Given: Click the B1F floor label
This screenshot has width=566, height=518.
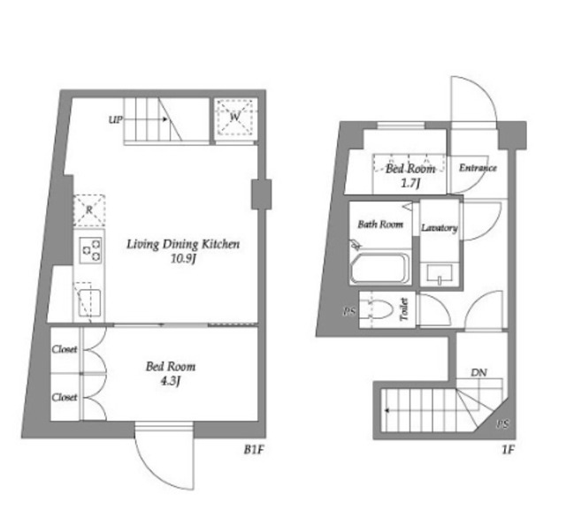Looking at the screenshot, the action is [255, 450].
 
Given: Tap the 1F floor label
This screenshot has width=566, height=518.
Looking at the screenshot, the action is [508, 450].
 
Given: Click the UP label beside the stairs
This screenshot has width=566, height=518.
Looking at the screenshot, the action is [116, 119].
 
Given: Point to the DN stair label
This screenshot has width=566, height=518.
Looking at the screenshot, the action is [479, 373].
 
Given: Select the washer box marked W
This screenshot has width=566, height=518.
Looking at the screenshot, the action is [235, 118].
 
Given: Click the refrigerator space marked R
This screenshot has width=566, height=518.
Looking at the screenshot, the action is [89, 210].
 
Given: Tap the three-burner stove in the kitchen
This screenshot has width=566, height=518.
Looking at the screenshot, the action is [90, 250].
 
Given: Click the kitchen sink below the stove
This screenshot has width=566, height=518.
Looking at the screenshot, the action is [88, 302].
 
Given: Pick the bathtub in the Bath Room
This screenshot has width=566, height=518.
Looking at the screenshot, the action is [379, 269].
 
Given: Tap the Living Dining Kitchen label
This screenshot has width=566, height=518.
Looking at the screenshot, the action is [183, 244].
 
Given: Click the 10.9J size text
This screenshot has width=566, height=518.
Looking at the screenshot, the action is [183, 259].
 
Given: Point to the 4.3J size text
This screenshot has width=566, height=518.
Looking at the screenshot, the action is [171, 382].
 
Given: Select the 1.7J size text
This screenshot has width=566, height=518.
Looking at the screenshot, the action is [410, 184].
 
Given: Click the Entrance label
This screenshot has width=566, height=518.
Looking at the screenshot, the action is [478, 168].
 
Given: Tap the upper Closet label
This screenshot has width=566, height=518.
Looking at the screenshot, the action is [65, 349].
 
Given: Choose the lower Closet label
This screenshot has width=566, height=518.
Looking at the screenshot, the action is [65, 397].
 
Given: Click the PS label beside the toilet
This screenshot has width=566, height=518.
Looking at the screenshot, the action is [349, 312].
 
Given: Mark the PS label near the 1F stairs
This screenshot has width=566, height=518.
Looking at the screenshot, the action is [502, 424].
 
